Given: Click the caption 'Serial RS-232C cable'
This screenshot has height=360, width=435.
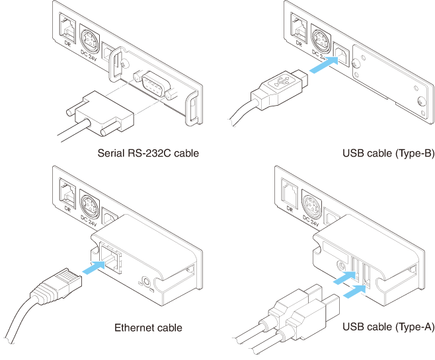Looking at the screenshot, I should coord(148,154).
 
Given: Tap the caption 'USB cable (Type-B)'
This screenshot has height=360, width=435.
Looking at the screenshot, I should coord(388,154).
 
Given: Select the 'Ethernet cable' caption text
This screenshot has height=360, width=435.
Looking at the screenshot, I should coord(148,327).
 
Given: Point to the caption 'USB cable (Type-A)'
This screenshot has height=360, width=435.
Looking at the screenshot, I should coord(388,327).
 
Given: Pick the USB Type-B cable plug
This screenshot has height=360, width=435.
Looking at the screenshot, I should coord(278,88).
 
